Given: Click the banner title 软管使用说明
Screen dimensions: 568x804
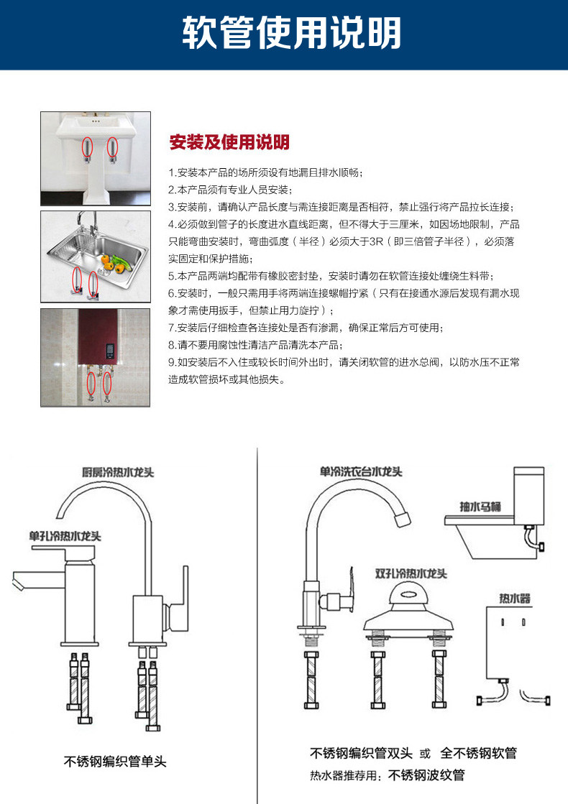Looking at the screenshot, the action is pos(291,34).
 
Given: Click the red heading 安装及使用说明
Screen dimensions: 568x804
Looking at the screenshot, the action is pos(229,142).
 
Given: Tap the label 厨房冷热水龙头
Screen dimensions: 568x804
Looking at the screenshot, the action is pos(118,472).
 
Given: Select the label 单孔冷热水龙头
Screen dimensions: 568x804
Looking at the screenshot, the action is pos(65,536).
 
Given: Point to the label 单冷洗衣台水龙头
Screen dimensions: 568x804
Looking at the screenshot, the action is pos(361,472).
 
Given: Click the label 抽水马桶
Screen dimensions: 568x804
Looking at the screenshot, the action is pos(481,507).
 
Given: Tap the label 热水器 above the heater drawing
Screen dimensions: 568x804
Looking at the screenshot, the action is pos(515,598).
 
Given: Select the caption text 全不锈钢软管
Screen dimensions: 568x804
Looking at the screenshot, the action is pos(478,753).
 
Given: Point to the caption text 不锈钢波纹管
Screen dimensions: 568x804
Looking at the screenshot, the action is pos(426,775).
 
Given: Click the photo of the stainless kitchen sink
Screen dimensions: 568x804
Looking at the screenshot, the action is pos(96,257).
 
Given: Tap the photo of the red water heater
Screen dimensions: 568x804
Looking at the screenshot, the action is pos(96,357).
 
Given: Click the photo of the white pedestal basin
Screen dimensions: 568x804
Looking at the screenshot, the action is pos(96,158).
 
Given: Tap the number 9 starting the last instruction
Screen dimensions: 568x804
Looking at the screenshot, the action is pos(171,362).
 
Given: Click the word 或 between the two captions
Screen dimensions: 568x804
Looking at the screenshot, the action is pos(426,754).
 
